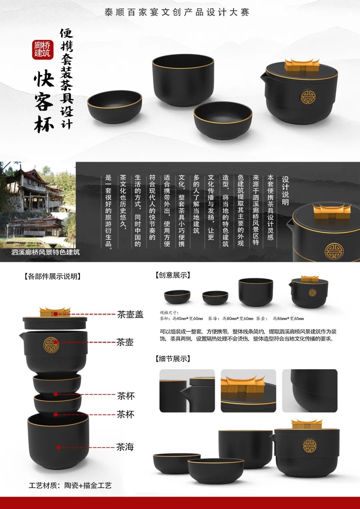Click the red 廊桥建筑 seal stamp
pyautogui.click(x=43, y=50)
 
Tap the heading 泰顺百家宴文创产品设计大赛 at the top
pyautogui.click(x=177, y=12)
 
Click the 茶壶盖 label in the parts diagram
pyautogui.click(x=130, y=314)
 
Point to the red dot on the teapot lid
pyautogui.click(x=56, y=314)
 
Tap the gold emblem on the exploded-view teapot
pyautogui.click(x=51, y=345)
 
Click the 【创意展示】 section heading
pyautogui.click(x=173, y=275)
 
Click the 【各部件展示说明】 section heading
pyautogui.click(x=53, y=277)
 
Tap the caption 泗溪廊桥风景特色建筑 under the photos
pyautogui.click(x=45, y=252)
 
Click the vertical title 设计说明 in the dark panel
pyautogui.click(x=285, y=191)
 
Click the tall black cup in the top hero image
pyautogui.click(x=183, y=80)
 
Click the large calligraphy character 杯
pyautogui.click(x=44, y=124)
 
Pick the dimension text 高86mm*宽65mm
pyautogui.click(x=288, y=319)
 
